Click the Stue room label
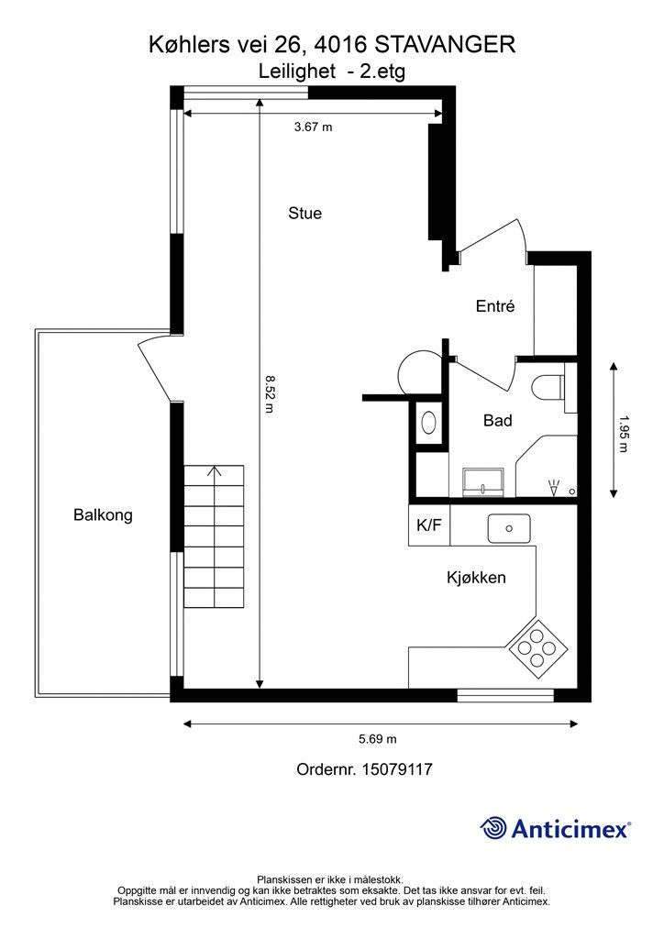pyautogui.click(x=304, y=214)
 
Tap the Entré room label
pyautogui.click(x=494, y=306)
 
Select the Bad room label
pyautogui.click(x=497, y=421)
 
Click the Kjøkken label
pyautogui.click(x=476, y=578)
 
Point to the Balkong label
pyautogui.click(x=103, y=515)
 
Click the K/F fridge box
pyautogui.click(x=428, y=526)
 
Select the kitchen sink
pyautogui.click(x=508, y=528)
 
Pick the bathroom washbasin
pyautogui.click(x=483, y=481)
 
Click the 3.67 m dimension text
pyautogui.click(x=313, y=127)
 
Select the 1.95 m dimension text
pyautogui.click(x=624, y=434)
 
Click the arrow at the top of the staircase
pyautogui.click(x=215, y=472)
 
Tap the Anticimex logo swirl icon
pyautogui.click(x=493, y=829)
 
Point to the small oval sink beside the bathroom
pyautogui.click(x=428, y=423)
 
